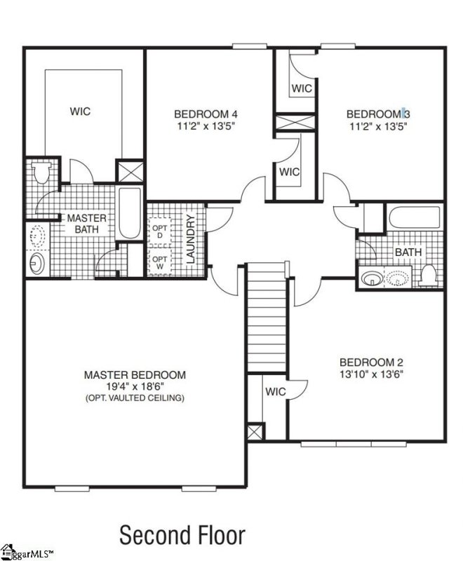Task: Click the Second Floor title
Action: tap(182, 535)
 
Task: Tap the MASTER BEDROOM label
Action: tap(135, 375)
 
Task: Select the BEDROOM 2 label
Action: tap(371, 363)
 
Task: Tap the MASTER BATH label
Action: tap(86, 224)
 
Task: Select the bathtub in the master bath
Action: tap(130, 212)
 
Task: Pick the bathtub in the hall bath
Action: tap(414, 217)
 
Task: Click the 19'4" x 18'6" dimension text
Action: tap(135, 386)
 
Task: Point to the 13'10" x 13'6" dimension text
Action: tap(371, 374)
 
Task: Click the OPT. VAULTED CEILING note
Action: tap(135, 398)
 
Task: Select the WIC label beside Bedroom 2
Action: tap(276, 392)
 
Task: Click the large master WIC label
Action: tap(80, 111)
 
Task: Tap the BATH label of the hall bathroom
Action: tap(408, 251)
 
